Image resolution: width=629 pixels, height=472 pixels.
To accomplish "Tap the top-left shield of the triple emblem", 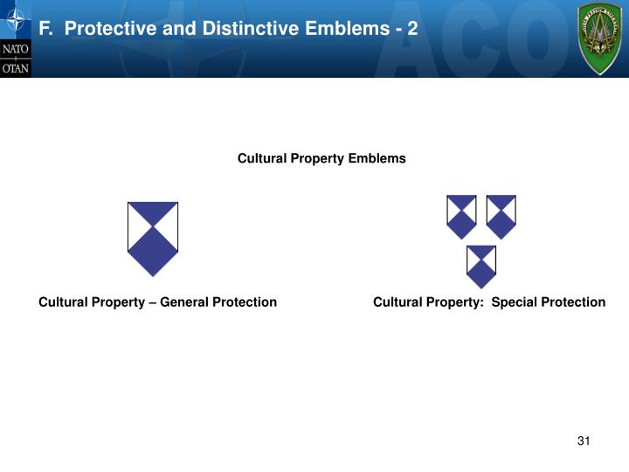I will (x=461, y=217).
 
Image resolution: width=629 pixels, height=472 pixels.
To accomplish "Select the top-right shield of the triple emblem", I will (x=501, y=217).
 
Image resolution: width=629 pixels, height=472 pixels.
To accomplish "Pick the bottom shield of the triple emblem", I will (x=481, y=267).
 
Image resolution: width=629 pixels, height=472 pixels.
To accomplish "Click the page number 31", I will (x=584, y=441).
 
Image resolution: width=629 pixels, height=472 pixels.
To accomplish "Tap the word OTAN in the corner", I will (x=15, y=67).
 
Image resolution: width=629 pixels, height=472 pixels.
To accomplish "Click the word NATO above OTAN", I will (x=15, y=49).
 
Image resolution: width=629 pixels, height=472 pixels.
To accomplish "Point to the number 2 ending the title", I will (x=411, y=29).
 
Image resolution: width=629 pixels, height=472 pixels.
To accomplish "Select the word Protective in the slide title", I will (x=107, y=29).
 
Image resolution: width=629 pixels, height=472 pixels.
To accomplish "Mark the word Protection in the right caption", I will (x=573, y=302).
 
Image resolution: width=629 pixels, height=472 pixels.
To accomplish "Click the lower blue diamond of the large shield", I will (x=153, y=252).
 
